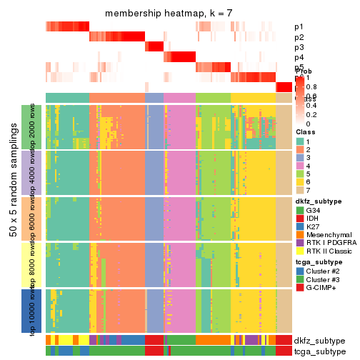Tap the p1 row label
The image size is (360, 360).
299,27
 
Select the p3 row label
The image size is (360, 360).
299,47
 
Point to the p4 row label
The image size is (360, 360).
299,57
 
